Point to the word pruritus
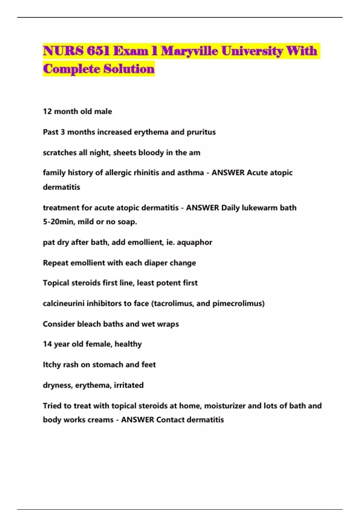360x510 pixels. tap(201, 132)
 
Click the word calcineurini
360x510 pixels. tap(63, 303)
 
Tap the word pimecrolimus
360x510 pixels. tap(238, 303)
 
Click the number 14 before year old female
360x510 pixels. tap(47, 344)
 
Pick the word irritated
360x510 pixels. tap(128, 385)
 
